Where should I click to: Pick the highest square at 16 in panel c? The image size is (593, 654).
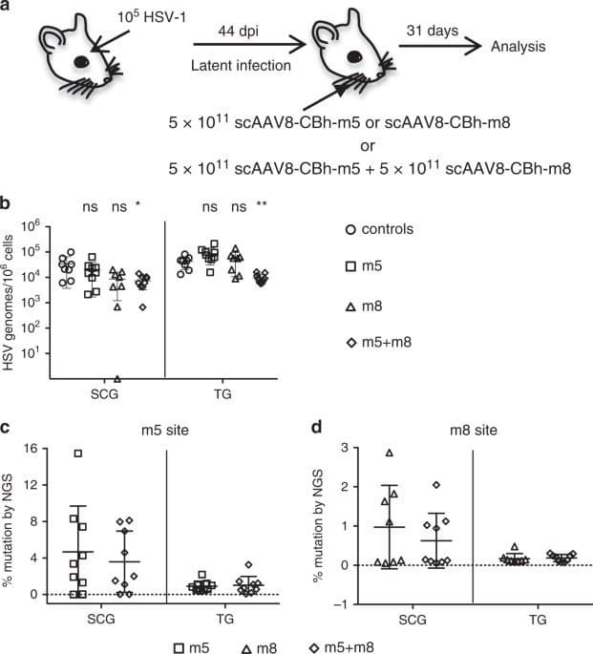coord(78,454)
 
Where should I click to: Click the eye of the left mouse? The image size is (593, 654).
coord(81,60)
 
